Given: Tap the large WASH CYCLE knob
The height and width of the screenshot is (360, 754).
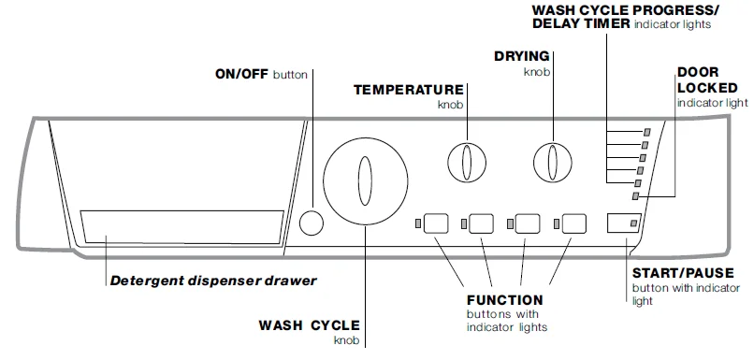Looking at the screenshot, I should tap(366, 180).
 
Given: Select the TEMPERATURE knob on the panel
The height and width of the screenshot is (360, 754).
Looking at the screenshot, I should tap(466, 163).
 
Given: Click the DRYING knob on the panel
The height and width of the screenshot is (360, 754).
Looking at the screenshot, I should tap(552, 162).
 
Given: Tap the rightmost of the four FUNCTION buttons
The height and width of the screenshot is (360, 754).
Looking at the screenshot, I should tap(573, 223).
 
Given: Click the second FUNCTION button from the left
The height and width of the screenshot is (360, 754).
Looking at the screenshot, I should tap(482, 223).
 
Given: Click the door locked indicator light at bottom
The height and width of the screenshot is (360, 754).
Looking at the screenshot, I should tap(636, 195).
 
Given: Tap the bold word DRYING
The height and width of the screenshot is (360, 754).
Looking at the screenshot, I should tap(522, 56).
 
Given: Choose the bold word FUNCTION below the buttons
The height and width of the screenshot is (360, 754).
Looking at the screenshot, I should tap(504, 300).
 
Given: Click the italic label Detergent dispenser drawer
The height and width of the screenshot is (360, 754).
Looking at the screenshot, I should tap(213, 280).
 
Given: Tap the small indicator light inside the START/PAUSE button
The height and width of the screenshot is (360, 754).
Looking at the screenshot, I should tap(634, 224).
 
